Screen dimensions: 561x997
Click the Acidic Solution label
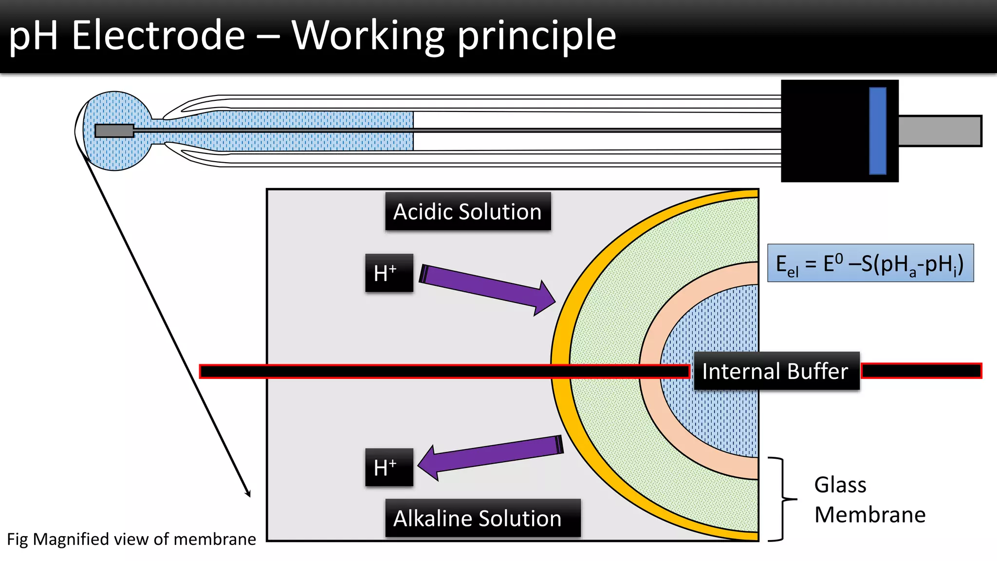pos(468,211)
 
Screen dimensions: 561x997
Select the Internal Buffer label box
pos(776,371)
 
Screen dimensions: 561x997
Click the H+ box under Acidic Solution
pos(389,273)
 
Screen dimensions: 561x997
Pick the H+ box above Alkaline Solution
pos(389,467)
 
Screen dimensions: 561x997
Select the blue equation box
pos(870,263)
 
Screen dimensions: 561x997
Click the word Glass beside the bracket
pos(840,485)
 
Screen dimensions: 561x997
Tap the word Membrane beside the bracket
pos(869,515)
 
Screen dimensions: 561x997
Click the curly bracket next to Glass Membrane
pos(782,499)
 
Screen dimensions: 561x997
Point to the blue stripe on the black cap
pos(877,131)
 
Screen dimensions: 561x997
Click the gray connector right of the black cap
pos(940,131)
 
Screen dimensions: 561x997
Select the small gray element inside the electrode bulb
pos(114,131)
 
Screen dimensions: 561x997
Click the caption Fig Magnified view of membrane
pos(131,539)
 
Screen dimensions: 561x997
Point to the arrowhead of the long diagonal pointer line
pos(248,494)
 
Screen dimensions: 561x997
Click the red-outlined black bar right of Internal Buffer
pos(921,371)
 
